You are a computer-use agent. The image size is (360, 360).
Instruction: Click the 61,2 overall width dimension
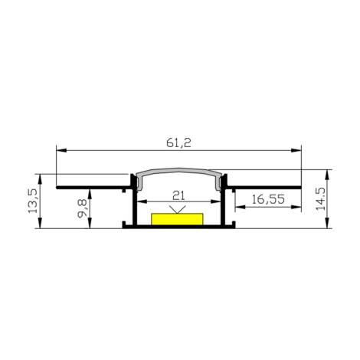tap(178, 140)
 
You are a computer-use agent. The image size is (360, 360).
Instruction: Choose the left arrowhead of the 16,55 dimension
tap(237, 207)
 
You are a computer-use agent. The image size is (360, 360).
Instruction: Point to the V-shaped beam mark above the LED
tap(179, 209)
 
